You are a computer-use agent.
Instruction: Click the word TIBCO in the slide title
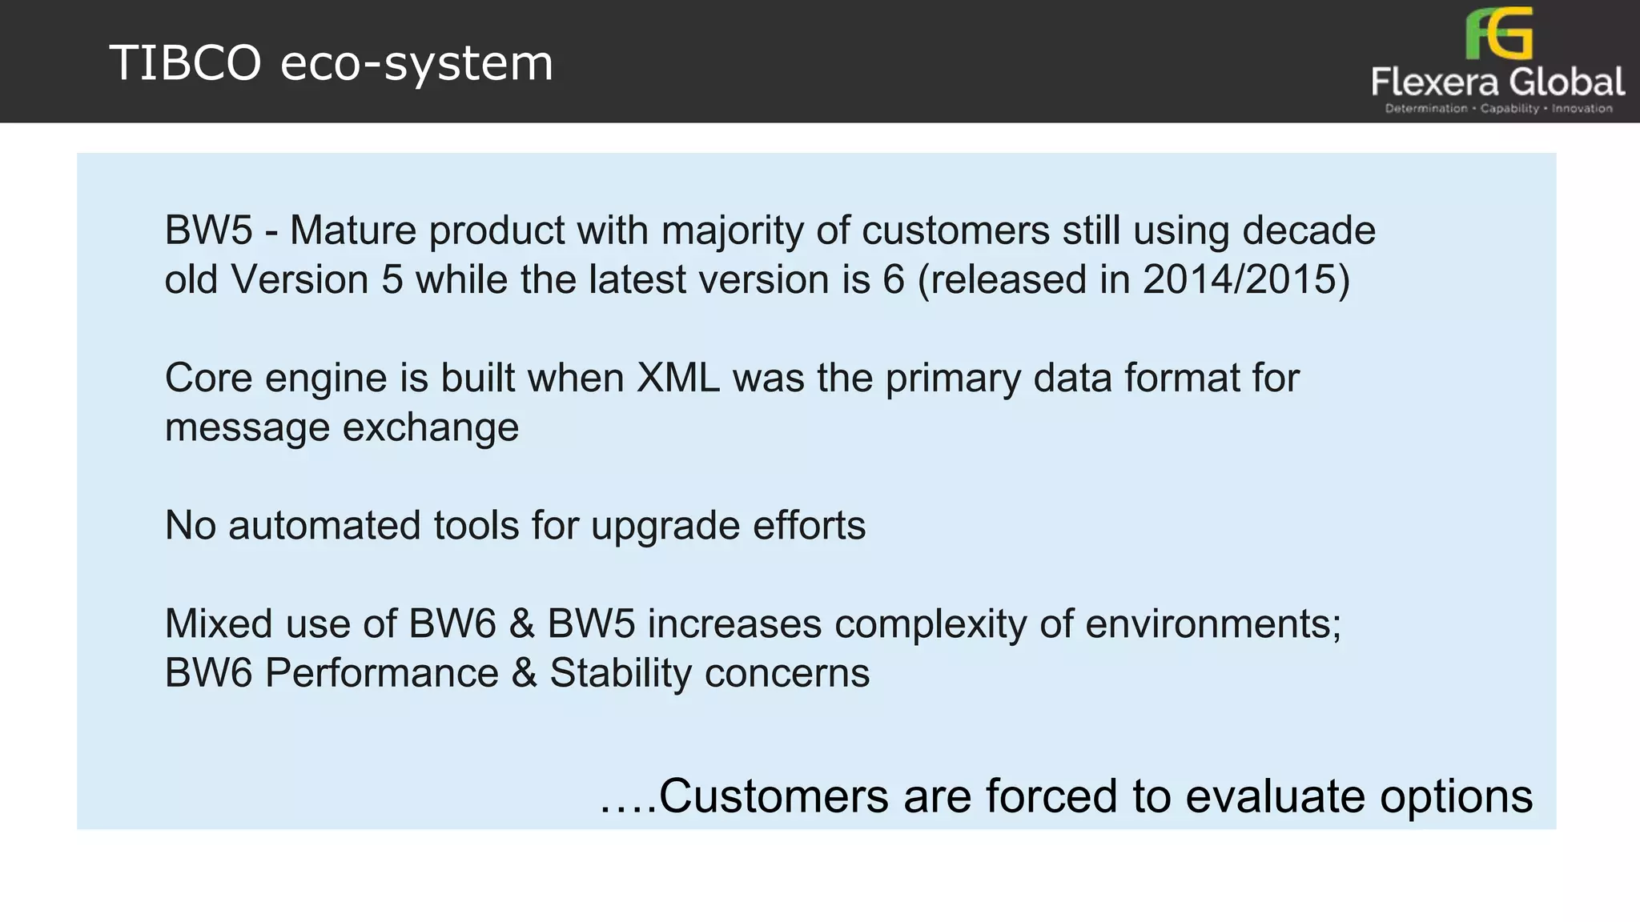(185, 63)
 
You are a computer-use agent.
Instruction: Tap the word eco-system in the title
(416, 64)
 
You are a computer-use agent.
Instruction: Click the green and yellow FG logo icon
(1498, 34)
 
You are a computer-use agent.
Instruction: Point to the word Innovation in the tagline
(1582, 109)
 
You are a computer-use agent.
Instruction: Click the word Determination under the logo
(1426, 109)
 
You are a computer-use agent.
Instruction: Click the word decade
(1308, 230)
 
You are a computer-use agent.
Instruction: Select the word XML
(678, 378)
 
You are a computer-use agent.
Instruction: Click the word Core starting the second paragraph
(209, 378)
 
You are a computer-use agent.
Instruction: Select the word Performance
(382, 673)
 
